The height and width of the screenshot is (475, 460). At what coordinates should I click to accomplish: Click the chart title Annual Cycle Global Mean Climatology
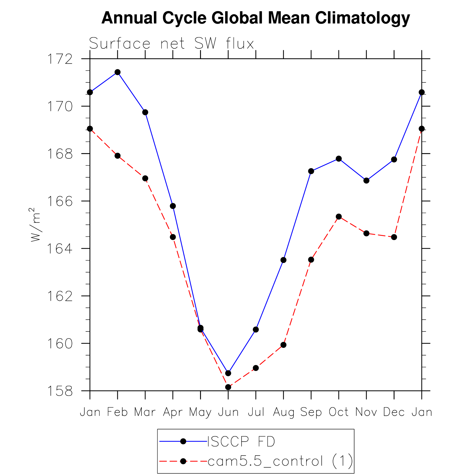tap(256, 18)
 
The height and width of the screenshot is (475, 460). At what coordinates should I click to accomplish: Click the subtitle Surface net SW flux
tap(171, 44)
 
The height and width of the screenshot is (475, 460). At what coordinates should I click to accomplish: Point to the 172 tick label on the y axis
tap(60, 59)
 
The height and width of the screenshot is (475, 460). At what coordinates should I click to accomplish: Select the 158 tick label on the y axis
tap(60, 391)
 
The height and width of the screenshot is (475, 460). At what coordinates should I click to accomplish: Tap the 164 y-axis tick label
tap(60, 249)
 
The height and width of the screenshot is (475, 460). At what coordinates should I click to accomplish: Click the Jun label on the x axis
tap(228, 412)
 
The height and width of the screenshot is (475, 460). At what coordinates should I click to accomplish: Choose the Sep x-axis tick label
tap(311, 412)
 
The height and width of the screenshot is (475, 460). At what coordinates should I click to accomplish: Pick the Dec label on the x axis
tap(394, 412)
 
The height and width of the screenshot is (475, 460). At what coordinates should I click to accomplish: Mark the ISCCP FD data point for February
tap(118, 72)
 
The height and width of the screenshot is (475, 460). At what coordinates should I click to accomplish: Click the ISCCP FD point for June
tap(228, 373)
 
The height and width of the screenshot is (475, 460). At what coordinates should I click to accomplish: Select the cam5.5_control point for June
tap(228, 387)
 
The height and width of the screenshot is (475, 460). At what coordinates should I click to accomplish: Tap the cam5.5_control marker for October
tap(339, 217)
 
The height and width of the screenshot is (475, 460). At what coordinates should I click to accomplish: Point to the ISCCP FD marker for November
tap(366, 181)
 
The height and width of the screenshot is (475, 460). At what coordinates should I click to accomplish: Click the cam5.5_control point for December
tap(394, 237)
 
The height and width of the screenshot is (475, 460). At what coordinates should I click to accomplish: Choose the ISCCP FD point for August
tap(283, 260)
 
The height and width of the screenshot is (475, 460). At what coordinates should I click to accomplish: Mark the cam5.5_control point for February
tap(118, 156)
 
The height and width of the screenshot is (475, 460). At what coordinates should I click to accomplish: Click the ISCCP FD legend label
tap(241, 442)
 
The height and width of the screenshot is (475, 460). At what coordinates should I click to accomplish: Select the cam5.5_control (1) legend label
tap(280, 461)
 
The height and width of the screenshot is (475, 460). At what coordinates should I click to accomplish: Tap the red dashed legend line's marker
tap(183, 461)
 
